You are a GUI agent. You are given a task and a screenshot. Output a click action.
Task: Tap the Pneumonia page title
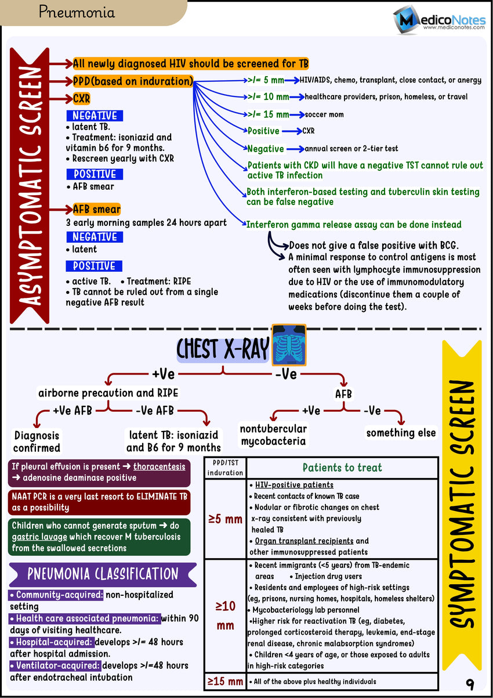(x=77, y=12)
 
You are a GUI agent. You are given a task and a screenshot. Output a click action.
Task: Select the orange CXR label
(x=82, y=98)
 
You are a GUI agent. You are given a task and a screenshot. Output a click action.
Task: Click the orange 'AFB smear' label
(x=97, y=209)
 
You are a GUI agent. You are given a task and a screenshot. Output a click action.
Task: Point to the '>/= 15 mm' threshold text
(x=269, y=114)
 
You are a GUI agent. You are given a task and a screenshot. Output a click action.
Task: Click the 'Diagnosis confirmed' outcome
(x=37, y=441)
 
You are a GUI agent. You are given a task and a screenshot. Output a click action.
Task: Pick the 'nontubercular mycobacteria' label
(x=273, y=435)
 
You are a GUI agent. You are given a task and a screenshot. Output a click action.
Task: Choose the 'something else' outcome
(x=401, y=433)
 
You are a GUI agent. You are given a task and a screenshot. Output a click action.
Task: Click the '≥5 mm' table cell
(x=226, y=519)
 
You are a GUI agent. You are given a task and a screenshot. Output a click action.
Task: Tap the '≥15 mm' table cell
(x=226, y=682)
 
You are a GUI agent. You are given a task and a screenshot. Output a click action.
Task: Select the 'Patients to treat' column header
(x=342, y=467)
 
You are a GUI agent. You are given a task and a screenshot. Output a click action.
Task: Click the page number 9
(x=469, y=684)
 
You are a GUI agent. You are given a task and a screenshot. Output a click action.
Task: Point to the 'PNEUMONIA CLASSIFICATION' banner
(x=103, y=574)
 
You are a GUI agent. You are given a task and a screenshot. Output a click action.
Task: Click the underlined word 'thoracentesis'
(x=159, y=466)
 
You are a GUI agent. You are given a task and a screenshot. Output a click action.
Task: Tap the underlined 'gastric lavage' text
(x=39, y=537)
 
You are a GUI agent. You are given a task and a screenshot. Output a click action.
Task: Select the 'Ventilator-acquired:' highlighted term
(x=55, y=665)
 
